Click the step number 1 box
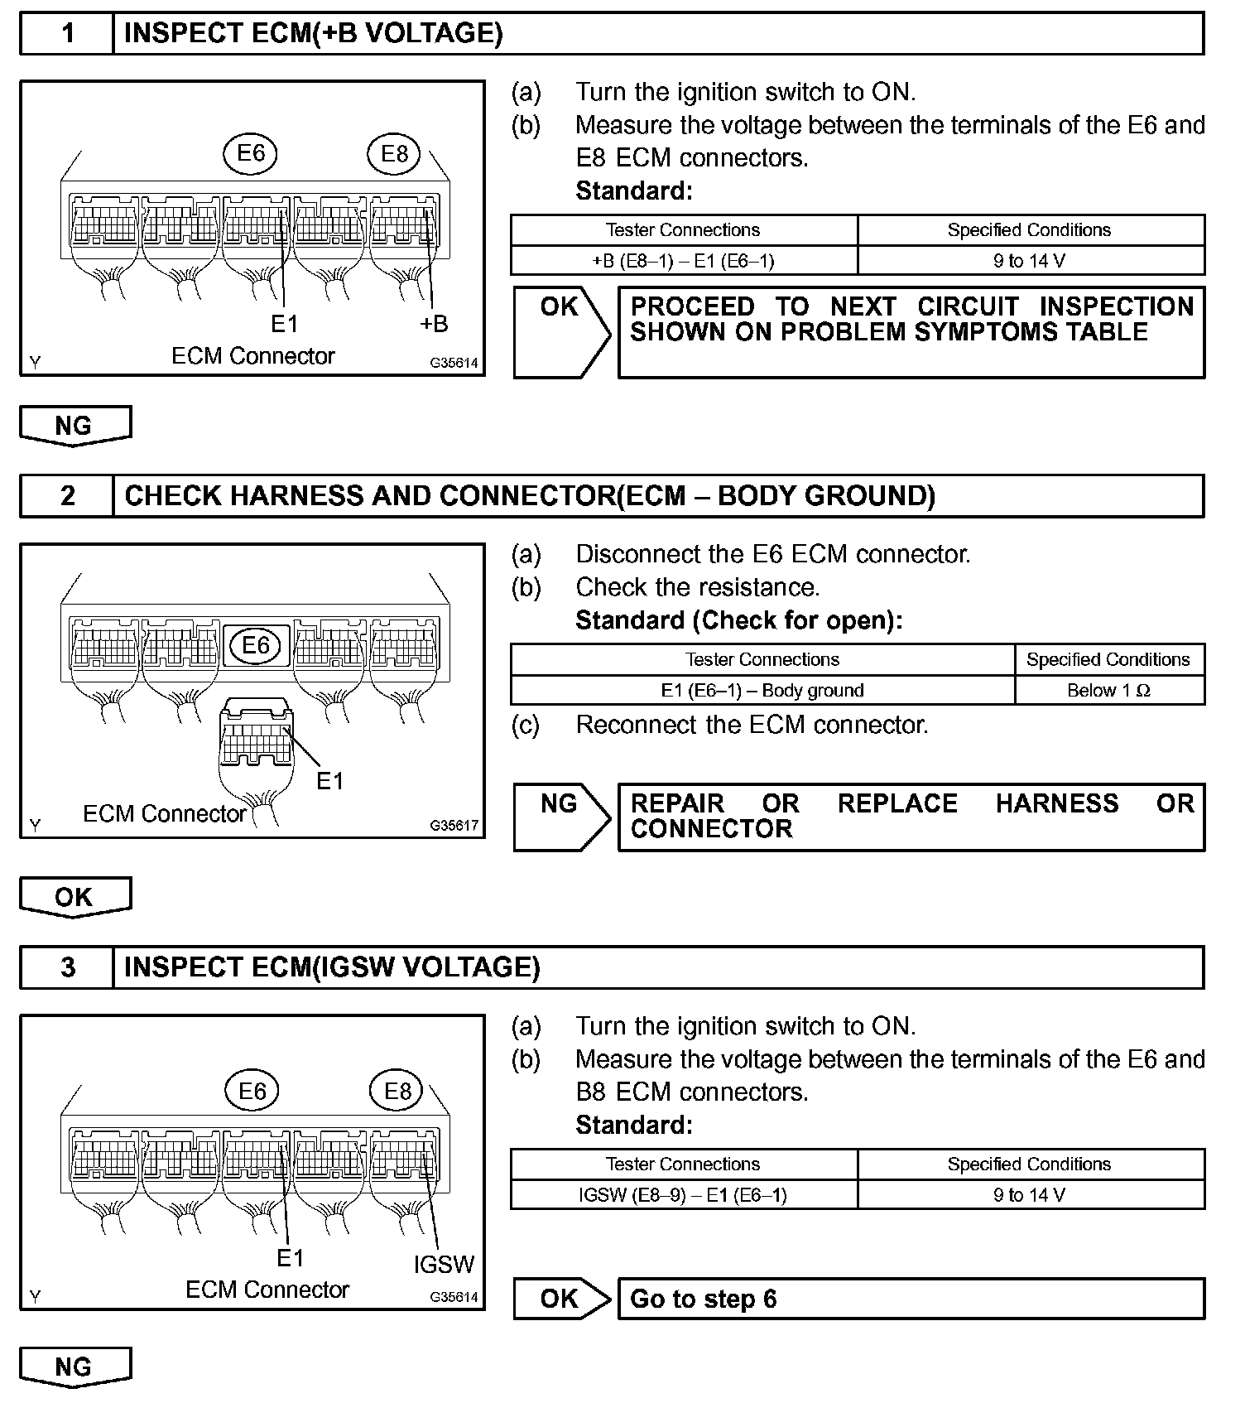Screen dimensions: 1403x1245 [x=67, y=34]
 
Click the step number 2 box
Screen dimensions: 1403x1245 [x=67, y=496]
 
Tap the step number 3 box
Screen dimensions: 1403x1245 [x=67, y=967]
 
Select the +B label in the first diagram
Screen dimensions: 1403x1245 [x=434, y=324]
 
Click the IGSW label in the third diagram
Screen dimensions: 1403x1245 [x=444, y=1265]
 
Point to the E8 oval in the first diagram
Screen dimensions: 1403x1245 [x=395, y=154]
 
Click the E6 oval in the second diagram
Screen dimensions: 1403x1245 [x=256, y=645]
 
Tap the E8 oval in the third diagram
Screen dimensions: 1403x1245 [x=397, y=1092]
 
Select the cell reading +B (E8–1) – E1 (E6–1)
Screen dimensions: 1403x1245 [x=684, y=261]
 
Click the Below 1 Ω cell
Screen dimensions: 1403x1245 [x=1109, y=691]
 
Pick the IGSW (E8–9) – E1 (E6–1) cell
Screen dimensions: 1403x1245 [x=684, y=1195]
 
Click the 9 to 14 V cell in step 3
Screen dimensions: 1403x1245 [x=1030, y=1195]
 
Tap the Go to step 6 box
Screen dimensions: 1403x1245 [x=911, y=1299]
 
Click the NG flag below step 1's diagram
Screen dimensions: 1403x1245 [x=75, y=426]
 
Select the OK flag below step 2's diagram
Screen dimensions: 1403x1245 [x=75, y=897]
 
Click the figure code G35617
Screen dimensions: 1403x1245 [x=454, y=826]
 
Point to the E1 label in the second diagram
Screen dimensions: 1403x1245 [x=329, y=781]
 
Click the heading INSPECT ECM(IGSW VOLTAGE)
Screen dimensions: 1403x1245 [x=332, y=967]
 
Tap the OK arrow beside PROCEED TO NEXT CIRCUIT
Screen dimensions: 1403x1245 [x=561, y=332]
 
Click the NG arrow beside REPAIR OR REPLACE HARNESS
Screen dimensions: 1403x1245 [x=561, y=817]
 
